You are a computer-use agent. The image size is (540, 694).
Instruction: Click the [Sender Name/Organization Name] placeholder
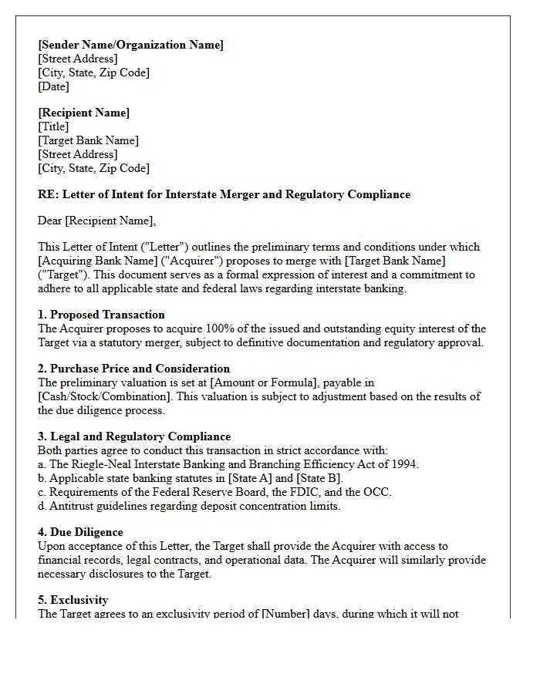(x=130, y=45)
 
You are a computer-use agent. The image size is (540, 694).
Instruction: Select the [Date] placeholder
(x=54, y=86)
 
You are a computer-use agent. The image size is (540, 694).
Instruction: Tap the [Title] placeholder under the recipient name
(x=53, y=126)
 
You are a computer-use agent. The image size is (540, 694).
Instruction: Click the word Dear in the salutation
(x=49, y=221)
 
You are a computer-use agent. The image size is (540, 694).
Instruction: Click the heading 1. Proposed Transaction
(x=101, y=315)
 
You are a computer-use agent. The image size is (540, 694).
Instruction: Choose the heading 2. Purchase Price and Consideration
(x=133, y=369)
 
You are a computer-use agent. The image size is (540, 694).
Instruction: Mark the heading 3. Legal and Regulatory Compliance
(x=134, y=436)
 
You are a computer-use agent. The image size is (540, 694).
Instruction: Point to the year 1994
(x=403, y=464)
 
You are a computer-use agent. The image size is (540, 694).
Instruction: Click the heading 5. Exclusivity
(x=73, y=600)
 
